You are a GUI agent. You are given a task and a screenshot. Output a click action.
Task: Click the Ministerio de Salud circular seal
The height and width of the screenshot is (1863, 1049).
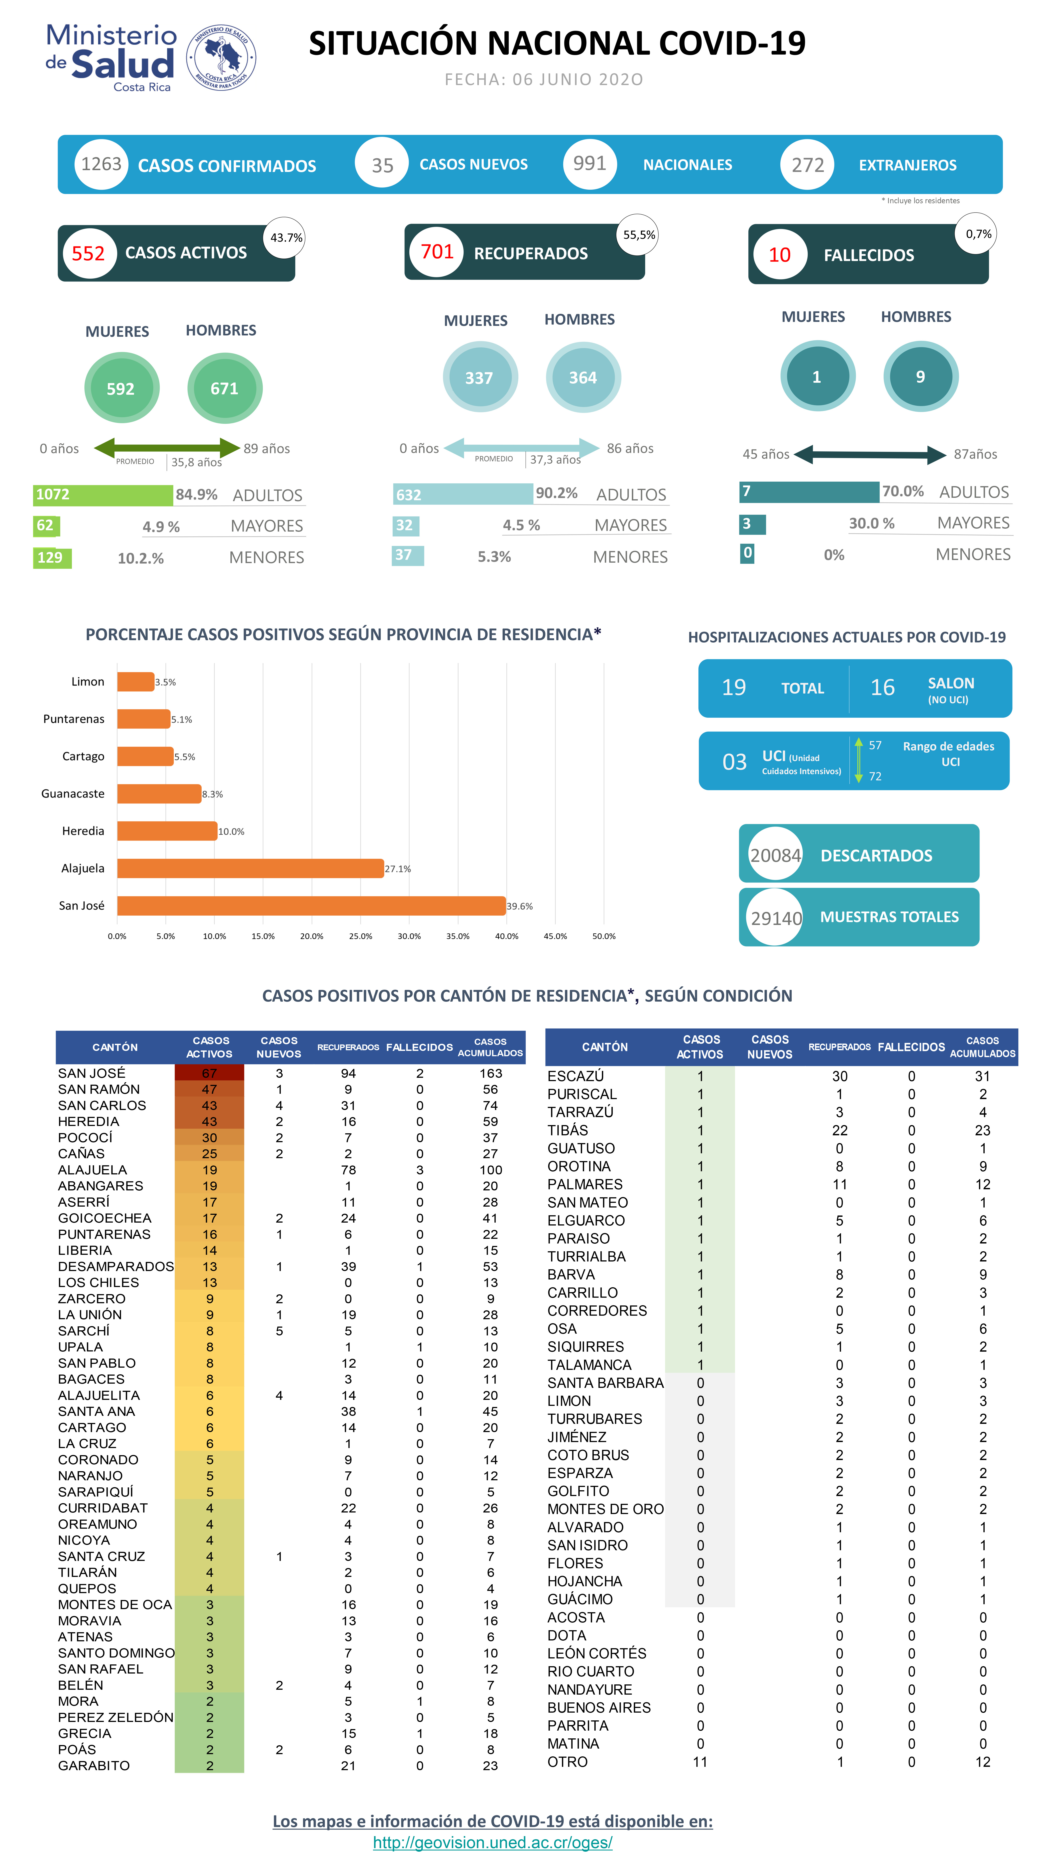221,58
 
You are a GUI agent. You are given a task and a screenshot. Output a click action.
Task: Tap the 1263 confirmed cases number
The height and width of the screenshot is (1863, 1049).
101,164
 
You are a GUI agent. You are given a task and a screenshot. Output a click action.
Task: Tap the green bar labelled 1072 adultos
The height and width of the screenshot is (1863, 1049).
103,495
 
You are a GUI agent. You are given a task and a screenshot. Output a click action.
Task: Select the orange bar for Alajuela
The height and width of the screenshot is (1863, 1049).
250,868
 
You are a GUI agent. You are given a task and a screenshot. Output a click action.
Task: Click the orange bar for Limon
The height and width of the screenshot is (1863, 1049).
135,681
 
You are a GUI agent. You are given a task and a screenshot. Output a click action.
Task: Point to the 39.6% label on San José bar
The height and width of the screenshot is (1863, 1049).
520,906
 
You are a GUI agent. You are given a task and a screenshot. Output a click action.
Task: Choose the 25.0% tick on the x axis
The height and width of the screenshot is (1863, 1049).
360,936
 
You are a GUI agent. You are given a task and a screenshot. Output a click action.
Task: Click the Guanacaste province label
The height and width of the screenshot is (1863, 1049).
73,793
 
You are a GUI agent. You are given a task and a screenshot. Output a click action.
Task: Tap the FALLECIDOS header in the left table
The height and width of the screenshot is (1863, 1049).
419,1047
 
